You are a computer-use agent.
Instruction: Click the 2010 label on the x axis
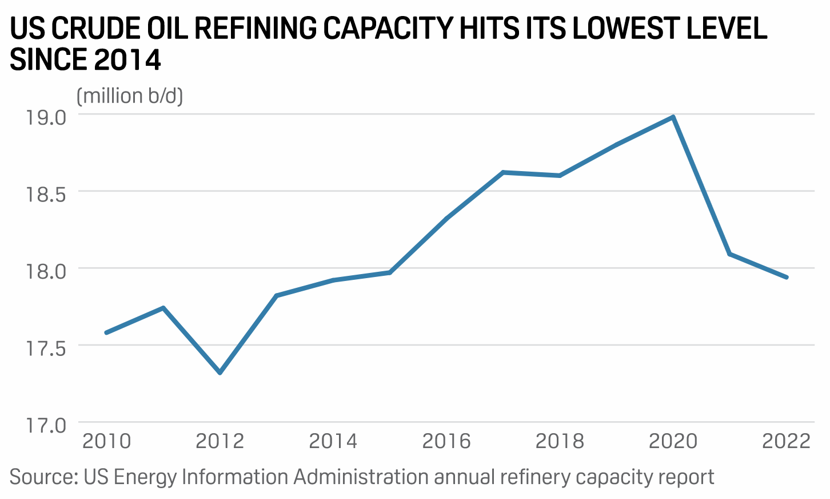tap(107, 441)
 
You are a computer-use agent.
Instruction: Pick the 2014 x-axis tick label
tap(333, 441)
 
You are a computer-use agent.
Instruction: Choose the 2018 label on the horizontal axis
tap(560, 441)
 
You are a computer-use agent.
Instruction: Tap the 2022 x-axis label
tap(787, 441)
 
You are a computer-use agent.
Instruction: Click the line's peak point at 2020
tap(673, 117)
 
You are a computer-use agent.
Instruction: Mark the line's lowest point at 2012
tap(220, 373)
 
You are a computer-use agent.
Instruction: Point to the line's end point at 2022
tap(787, 277)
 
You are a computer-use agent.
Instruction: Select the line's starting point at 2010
tap(107, 332)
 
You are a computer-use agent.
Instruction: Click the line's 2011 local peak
tap(163, 308)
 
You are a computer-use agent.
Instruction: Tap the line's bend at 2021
tap(730, 254)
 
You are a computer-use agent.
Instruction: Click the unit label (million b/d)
tap(130, 96)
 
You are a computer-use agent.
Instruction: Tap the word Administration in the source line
tap(361, 477)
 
